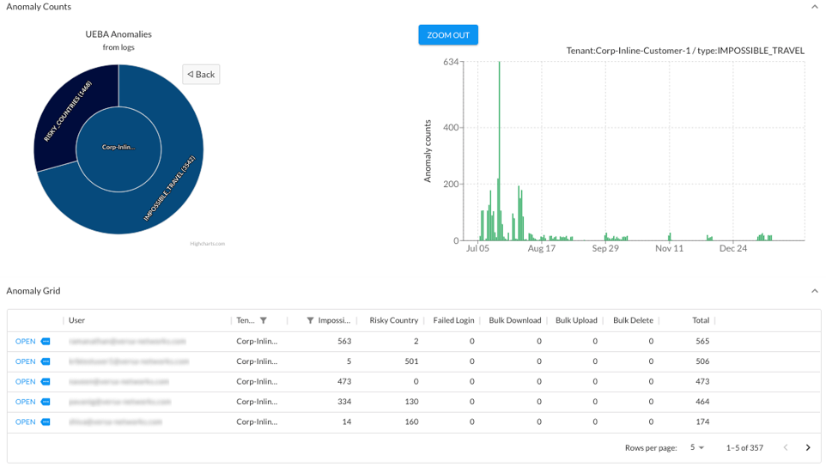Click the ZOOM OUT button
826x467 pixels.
pyautogui.click(x=448, y=35)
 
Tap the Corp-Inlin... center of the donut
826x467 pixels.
pyautogui.click(x=118, y=148)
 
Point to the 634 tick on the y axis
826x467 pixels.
pyautogui.click(x=450, y=62)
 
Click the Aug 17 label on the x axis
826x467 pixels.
pyautogui.click(x=542, y=249)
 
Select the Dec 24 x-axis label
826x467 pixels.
pyautogui.click(x=732, y=249)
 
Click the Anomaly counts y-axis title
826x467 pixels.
pyautogui.click(x=428, y=151)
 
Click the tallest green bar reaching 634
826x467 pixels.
pyautogui.click(x=500, y=129)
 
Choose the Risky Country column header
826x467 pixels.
pyautogui.click(x=393, y=320)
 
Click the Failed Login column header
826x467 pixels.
pyautogui.click(x=453, y=320)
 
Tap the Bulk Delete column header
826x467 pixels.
pyautogui.click(x=633, y=320)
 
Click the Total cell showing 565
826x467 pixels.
pyautogui.click(x=701, y=341)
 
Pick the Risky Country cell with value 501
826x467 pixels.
pyautogui.click(x=411, y=361)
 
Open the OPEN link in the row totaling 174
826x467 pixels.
pyautogui.click(x=26, y=422)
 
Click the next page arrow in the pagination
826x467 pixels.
pyautogui.click(x=807, y=447)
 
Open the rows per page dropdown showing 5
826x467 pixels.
pyautogui.click(x=696, y=447)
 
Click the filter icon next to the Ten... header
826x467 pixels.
pyautogui.click(x=264, y=320)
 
